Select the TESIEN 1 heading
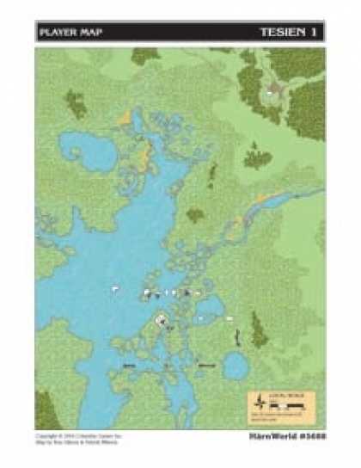coord(291,33)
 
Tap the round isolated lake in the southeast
coord(235,367)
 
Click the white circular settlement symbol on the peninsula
coord(161,320)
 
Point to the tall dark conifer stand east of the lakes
coord(258,330)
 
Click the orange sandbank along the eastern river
coord(273,199)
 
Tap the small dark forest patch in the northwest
coord(76,104)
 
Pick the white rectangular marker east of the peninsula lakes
coord(230,319)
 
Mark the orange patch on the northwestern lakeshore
coord(126,115)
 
